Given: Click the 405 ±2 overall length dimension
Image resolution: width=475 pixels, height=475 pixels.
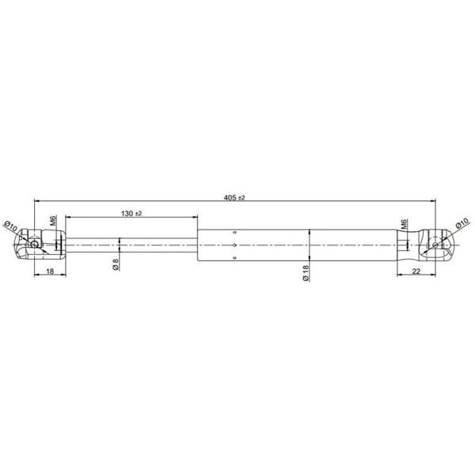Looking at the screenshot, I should point(235,197).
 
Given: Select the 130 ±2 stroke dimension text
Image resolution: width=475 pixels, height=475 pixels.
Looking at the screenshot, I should point(131,214).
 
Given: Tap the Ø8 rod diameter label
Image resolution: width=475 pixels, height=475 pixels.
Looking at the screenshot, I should point(116,265).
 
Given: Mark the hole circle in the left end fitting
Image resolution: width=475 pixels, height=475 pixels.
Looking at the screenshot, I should point(35,245).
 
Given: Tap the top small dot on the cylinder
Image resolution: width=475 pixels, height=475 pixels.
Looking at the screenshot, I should point(236,233).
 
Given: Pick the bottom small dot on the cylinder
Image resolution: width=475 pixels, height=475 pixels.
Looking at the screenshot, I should point(236,258).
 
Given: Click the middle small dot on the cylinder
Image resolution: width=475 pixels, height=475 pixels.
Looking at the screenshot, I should point(236,245).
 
